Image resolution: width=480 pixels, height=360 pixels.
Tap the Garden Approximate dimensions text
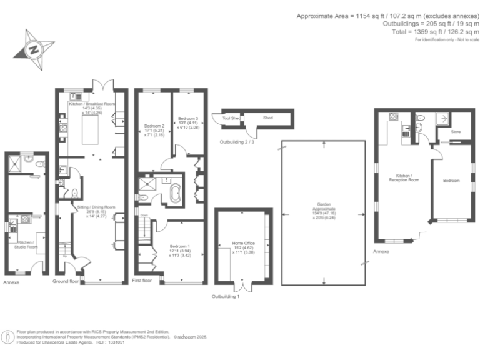click(323, 214)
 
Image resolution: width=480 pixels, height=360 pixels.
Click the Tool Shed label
click(231, 117)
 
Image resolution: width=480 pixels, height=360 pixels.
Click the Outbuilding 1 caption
click(226, 296)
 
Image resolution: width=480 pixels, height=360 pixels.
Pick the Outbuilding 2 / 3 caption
click(238, 142)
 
